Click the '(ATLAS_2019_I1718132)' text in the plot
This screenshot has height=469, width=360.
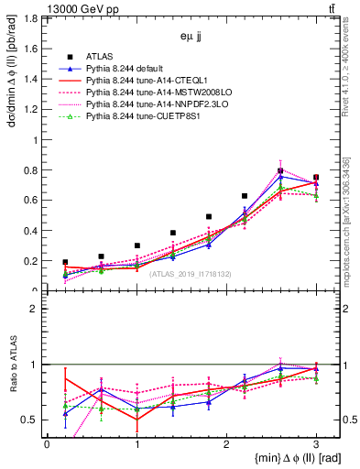tap(189, 273)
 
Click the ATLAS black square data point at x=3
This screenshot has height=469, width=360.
tap(316, 177)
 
